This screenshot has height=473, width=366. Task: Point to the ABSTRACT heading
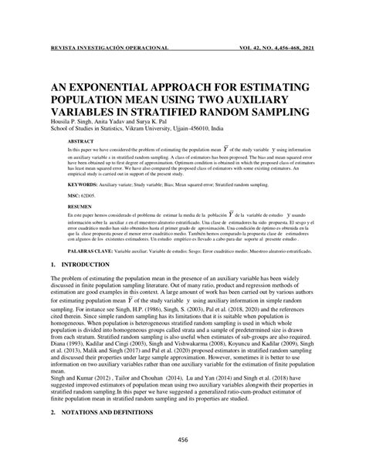(x=81, y=144)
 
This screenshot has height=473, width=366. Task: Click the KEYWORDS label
(x=83, y=186)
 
